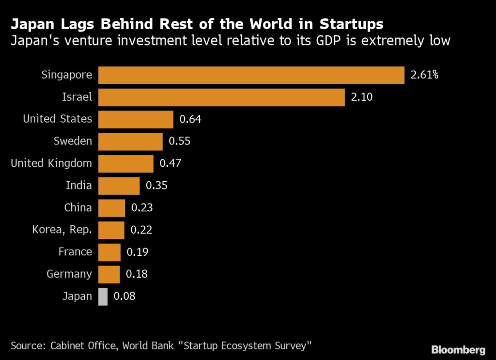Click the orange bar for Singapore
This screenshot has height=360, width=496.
tap(251, 75)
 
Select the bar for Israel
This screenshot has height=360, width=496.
tap(221, 97)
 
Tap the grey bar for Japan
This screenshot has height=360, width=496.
tap(103, 297)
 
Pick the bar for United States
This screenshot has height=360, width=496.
tap(136, 119)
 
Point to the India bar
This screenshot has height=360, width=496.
tap(119, 186)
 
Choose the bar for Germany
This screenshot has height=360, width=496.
tap(109, 274)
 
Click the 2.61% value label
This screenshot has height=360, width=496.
tap(424, 75)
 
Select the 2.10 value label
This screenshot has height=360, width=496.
tap(361, 97)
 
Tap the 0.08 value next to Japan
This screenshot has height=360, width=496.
tap(124, 297)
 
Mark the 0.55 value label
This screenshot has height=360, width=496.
tap(179, 141)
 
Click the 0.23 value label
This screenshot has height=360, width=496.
tap(142, 208)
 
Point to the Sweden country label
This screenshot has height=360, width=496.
tap(73, 141)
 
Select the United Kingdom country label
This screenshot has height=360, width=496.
tap(51, 163)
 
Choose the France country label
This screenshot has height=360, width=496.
tap(75, 252)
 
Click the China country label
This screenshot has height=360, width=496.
tap(78, 208)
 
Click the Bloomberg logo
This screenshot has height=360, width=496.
tap(458, 350)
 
